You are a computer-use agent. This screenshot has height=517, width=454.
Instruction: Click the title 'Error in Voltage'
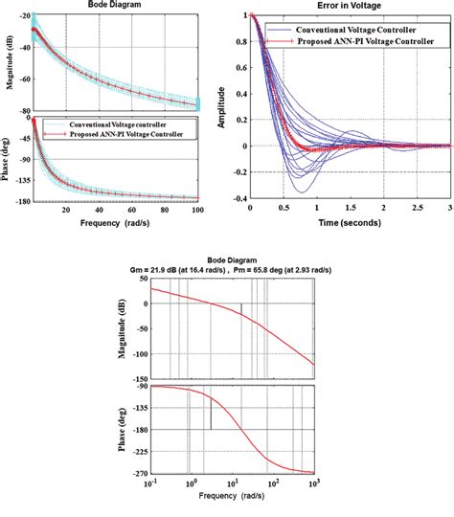pos(348,6)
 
